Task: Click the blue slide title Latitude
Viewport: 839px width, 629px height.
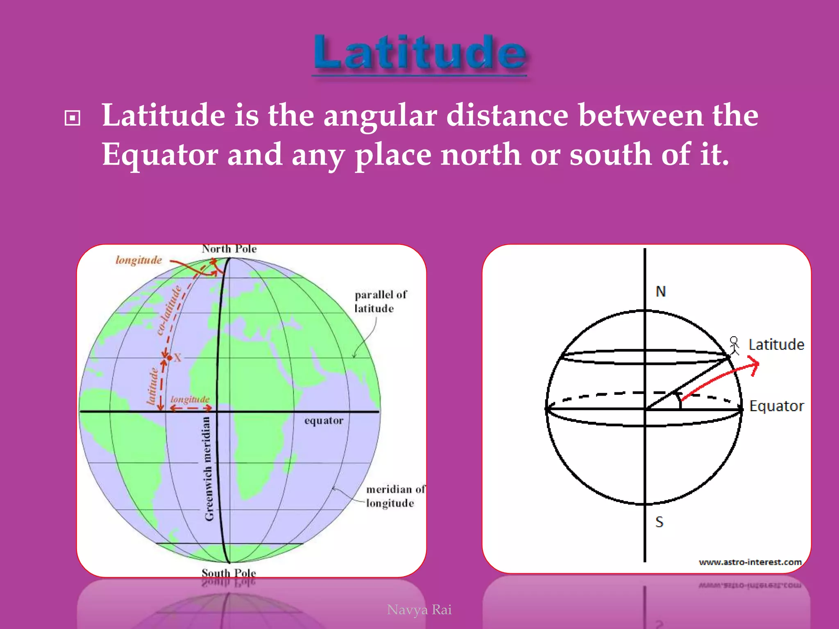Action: point(419,53)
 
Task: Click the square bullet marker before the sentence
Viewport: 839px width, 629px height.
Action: point(73,118)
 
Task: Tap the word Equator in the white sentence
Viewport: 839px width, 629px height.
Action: point(159,155)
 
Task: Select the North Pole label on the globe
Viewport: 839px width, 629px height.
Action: point(229,249)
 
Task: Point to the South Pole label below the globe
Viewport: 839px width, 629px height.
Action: point(229,572)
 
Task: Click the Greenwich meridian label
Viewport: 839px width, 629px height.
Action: point(209,468)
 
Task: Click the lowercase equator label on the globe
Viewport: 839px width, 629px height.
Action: point(324,421)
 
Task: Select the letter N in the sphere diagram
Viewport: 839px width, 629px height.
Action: point(660,292)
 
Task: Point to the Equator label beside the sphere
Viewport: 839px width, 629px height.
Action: point(776,406)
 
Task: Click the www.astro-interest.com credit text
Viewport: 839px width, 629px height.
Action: point(750,562)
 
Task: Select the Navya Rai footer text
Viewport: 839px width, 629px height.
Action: point(419,610)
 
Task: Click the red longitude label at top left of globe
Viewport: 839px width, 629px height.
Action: point(138,260)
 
